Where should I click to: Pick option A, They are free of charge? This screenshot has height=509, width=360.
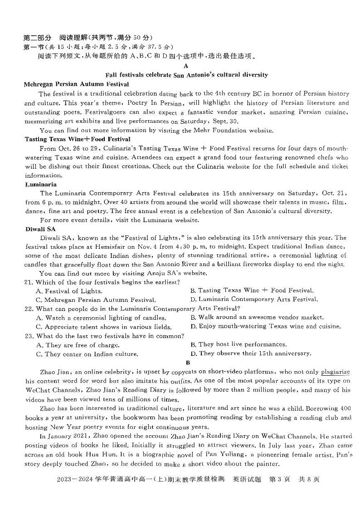coord(74,345)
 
